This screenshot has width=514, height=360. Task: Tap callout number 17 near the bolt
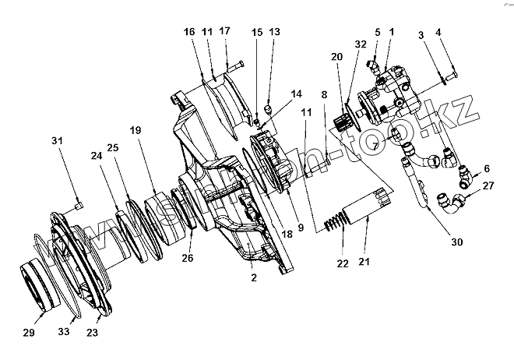point(225,30)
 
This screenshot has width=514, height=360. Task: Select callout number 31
point(55,139)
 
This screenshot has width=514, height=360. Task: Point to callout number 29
point(29,333)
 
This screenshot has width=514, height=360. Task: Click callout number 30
point(457,242)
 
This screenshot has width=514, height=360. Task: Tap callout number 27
point(488,186)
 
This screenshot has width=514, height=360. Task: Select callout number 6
point(487,168)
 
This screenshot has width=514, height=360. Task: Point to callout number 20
point(337,58)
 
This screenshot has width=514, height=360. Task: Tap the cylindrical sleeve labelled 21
point(368,206)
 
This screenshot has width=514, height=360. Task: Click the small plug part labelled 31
point(79,205)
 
